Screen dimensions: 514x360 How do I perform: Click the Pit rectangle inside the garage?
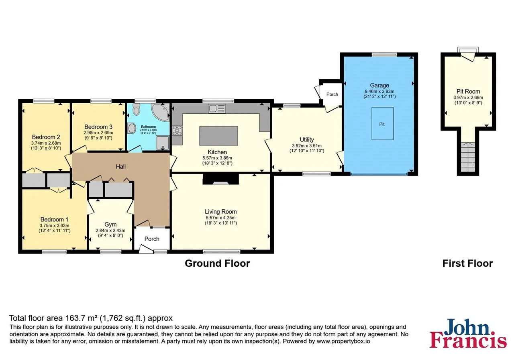click(382, 123)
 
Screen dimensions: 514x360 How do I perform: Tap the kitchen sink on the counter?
click(217, 108)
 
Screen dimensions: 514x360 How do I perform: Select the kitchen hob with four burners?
click(177, 130)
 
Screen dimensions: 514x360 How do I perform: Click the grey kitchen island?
click(218, 136)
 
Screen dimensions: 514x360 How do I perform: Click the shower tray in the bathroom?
click(163, 143)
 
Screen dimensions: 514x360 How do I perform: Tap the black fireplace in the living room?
click(220, 179)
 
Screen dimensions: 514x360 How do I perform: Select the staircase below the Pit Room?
click(468, 157)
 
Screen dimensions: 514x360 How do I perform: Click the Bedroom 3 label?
click(98, 127)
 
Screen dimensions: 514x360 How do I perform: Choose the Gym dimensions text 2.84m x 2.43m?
click(110, 230)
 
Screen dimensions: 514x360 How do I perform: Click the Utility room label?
click(307, 139)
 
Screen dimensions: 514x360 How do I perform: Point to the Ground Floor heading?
click(217, 263)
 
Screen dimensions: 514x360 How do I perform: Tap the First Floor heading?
click(468, 263)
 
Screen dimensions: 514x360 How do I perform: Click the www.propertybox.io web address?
click(343, 341)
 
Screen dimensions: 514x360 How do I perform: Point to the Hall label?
click(121, 166)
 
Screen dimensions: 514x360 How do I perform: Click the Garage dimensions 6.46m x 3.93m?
click(379, 91)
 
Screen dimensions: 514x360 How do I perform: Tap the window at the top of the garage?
click(384, 54)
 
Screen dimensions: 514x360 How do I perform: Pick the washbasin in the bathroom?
click(132, 128)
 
